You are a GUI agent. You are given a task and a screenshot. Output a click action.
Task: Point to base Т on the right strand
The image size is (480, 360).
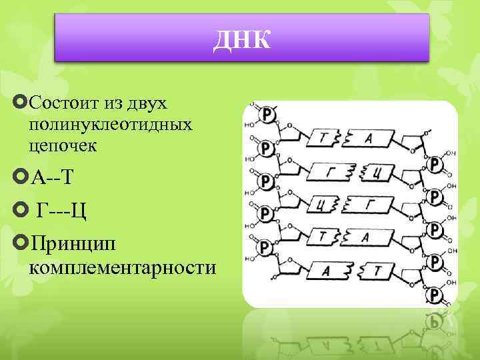(x=377, y=269)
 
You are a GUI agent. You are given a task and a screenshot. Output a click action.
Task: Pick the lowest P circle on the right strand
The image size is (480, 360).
(x=434, y=294)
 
